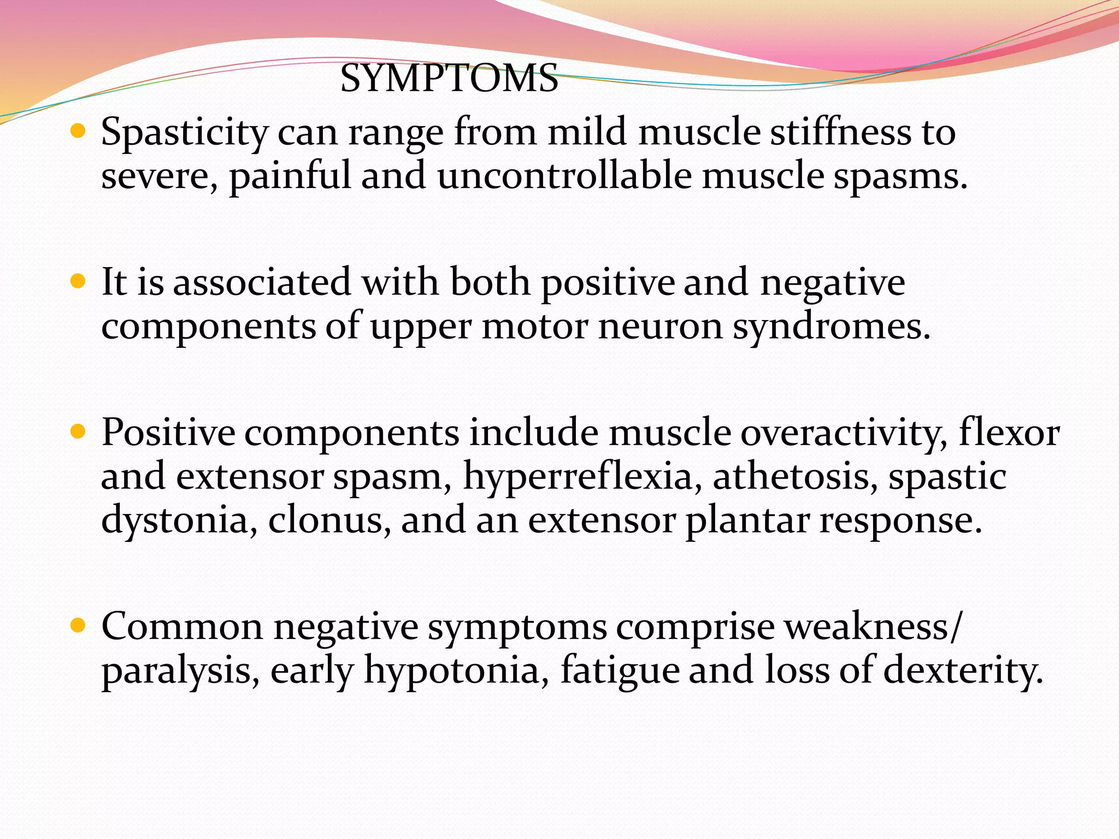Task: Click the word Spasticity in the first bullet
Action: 184,133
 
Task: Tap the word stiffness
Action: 840,132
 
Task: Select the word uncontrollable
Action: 564,176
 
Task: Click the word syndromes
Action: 831,327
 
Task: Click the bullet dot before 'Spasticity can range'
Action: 79,131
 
